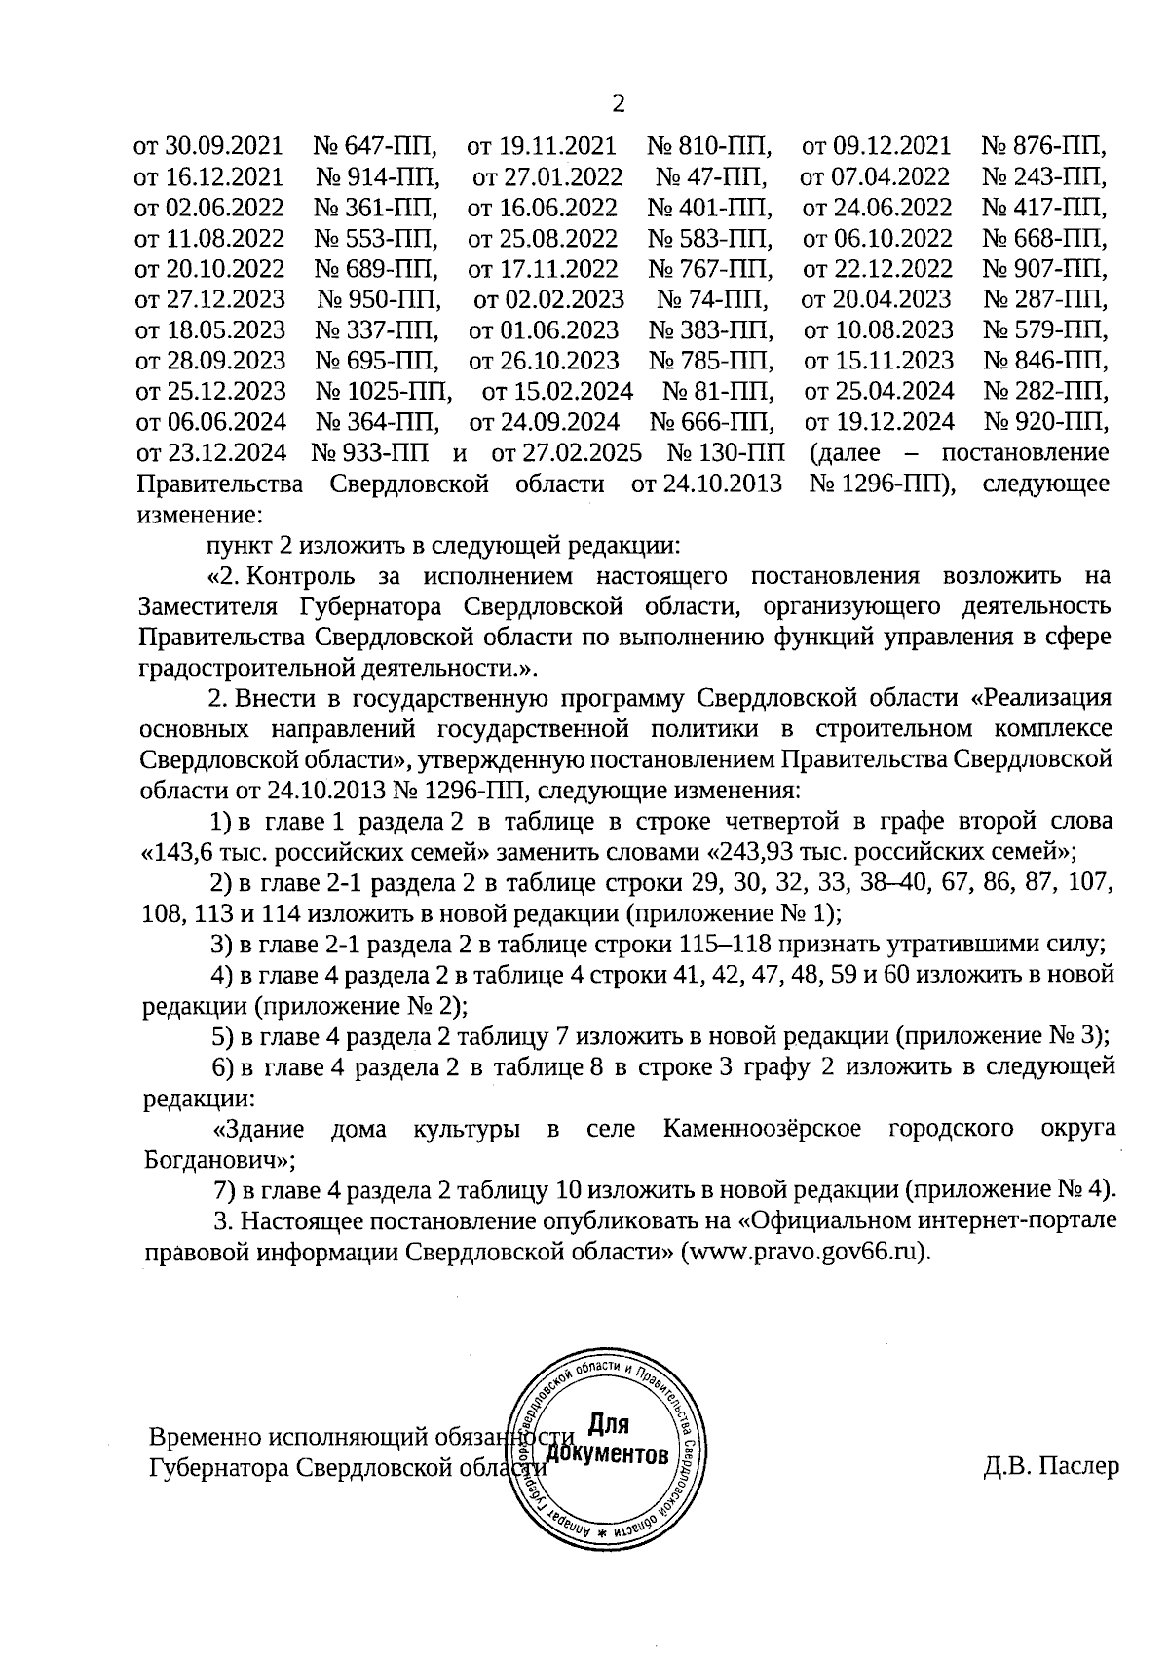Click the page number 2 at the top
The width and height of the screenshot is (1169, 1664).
(x=616, y=103)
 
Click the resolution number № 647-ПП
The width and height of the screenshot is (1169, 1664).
(x=375, y=147)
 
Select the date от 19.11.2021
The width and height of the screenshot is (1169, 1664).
(x=543, y=147)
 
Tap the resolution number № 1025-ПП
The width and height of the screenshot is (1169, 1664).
(x=384, y=392)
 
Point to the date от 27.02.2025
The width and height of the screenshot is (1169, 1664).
(x=567, y=453)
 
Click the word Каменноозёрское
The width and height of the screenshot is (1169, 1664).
(x=762, y=1129)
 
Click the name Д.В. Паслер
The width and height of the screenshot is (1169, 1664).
(x=1051, y=1466)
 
